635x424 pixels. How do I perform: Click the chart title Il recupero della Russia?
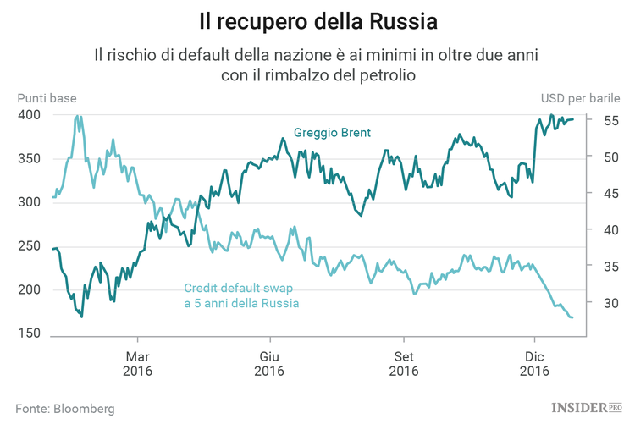point(317,19)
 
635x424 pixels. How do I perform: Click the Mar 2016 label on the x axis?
point(138,364)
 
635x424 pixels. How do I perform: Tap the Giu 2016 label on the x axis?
point(268,364)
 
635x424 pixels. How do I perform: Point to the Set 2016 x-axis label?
point(404,364)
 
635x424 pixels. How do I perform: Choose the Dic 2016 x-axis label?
point(534,364)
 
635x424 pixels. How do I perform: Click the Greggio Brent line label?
point(332,133)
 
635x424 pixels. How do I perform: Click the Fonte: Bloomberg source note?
point(64,408)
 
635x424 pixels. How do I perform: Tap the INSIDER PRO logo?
point(587,408)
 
